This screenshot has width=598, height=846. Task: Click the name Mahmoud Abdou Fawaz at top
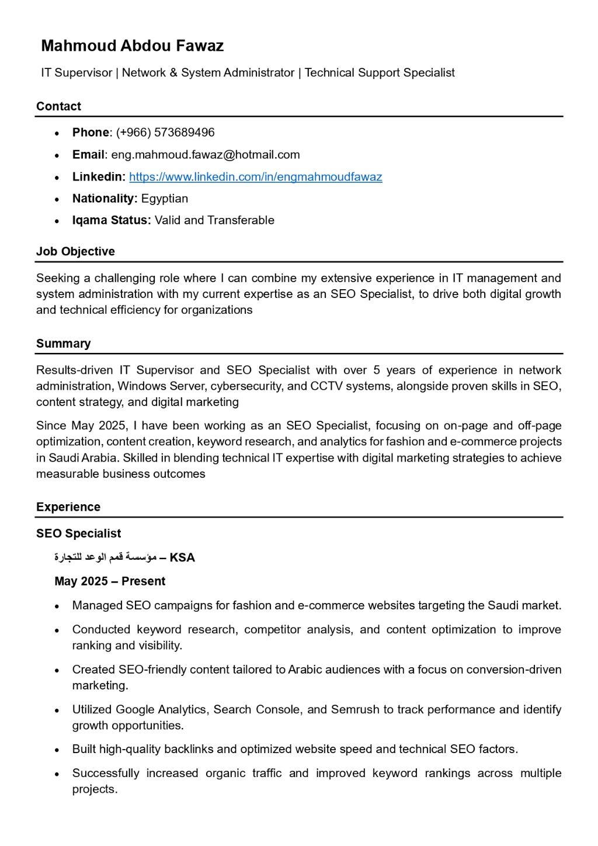click(x=132, y=46)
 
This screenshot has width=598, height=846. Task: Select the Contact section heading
click(x=58, y=106)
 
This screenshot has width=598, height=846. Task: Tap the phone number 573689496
click(x=184, y=133)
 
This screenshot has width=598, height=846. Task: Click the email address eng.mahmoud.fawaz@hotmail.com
click(x=206, y=155)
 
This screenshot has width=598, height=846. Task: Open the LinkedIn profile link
click(x=255, y=177)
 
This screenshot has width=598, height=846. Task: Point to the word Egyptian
click(x=165, y=199)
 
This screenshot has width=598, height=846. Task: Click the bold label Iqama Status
click(x=111, y=220)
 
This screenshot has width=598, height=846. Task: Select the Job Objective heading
click(x=75, y=252)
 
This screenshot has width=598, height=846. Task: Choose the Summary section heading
click(x=63, y=344)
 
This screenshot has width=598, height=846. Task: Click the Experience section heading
click(x=68, y=507)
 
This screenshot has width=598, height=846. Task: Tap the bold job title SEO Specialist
click(x=78, y=533)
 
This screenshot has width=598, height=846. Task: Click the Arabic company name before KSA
click(x=105, y=557)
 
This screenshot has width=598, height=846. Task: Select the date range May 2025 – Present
click(x=110, y=581)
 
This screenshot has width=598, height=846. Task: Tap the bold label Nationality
click(x=105, y=199)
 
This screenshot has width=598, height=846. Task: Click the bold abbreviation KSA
click(x=182, y=558)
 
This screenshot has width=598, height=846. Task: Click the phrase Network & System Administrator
click(x=208, y=73)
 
